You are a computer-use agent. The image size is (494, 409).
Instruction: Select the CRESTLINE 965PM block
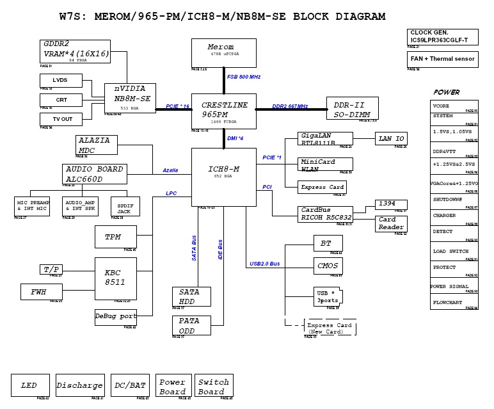223,111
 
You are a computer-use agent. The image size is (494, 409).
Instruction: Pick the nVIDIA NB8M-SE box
130,98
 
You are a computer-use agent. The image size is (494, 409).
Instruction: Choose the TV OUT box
61,118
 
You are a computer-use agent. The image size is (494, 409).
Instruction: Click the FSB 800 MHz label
244,77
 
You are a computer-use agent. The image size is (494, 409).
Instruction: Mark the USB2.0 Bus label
264,264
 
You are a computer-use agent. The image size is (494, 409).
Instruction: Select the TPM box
116,237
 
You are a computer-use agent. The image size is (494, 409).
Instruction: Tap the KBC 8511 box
116,277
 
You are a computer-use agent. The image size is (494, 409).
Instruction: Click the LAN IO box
390,138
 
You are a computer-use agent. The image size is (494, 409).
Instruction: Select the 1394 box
390,204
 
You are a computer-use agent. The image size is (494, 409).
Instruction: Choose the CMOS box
328,266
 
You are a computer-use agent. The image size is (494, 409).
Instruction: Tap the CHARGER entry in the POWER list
454,216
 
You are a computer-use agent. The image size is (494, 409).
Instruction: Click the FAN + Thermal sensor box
442,59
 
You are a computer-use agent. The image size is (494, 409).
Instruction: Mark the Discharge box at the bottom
80,385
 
